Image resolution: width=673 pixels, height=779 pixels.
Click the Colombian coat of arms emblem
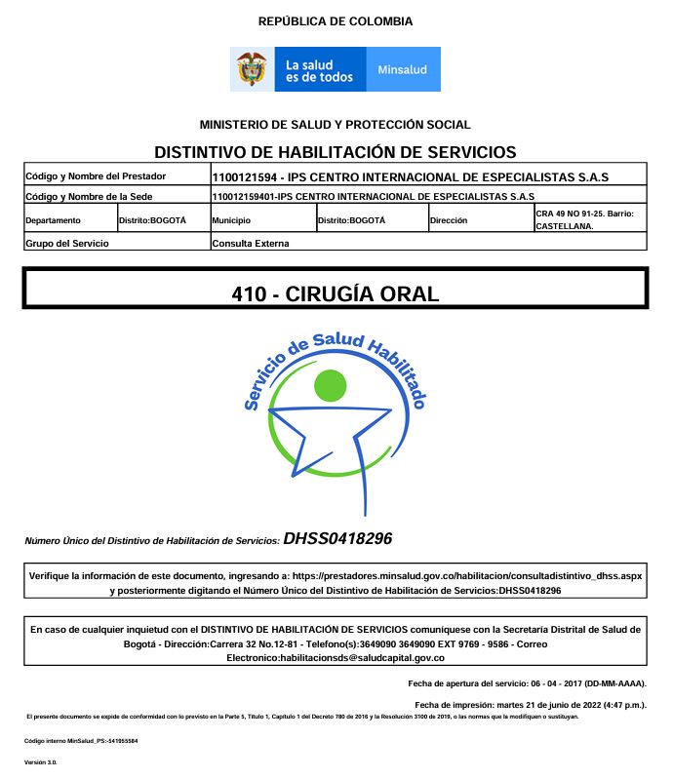click(253, 69)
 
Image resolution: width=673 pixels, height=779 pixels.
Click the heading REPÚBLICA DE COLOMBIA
click(335, 21)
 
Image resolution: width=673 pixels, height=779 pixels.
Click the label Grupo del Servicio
click(67, 243)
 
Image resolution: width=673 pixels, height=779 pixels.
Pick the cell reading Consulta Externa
click(251, 243)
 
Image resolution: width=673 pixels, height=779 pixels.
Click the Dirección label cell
click(450, 220)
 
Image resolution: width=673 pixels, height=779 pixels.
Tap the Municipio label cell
click(231, 220)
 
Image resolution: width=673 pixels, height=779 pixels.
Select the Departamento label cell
click(54, 220)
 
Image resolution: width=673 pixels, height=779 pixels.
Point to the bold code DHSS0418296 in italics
click(337, 538)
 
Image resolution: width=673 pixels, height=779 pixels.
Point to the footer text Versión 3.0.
click(41, 761)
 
